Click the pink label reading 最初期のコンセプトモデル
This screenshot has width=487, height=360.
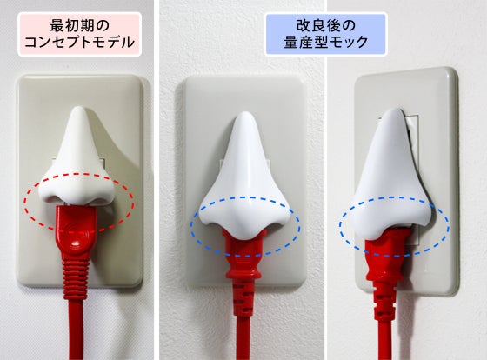(x=79, y=34)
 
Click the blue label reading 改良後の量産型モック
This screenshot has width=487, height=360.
(x=326, y=34)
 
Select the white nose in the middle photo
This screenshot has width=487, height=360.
(x=246, y=176)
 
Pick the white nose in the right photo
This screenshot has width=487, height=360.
(x=395, y=174)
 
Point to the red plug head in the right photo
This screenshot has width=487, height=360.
(x=386, y=255)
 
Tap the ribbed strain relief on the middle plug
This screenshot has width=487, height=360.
(x=243, y=298)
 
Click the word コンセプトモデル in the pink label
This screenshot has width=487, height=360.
(x=79, y=43)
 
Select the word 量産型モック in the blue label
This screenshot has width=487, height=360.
(x=326, y=42)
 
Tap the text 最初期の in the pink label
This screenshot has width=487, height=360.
(x=80, y=25)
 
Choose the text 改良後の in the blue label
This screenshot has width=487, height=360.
(x=326, y=25)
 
